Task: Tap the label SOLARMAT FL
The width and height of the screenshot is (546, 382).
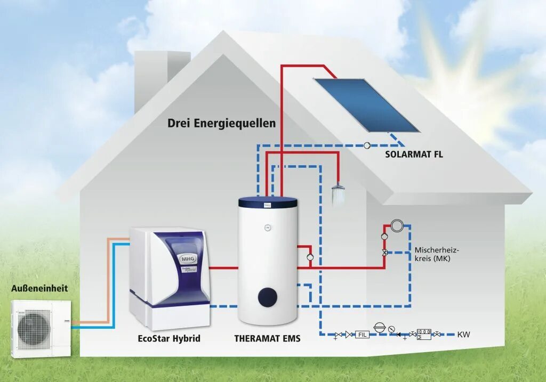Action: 414,155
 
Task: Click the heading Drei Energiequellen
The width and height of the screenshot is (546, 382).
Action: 221,124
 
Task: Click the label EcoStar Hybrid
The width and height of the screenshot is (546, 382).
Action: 169,338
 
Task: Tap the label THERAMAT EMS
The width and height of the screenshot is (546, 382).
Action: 267,338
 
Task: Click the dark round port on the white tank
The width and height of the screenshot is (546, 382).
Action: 267,297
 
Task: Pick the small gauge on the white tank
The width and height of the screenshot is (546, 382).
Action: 267,227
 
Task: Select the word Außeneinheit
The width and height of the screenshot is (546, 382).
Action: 39,289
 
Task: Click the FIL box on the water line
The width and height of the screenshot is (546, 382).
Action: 363,335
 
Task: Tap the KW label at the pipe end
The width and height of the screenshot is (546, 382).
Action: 463,335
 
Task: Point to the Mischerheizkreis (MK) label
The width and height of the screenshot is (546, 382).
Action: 437,255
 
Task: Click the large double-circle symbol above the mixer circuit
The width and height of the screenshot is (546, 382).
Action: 397,226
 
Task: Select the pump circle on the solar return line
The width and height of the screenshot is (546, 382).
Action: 367,145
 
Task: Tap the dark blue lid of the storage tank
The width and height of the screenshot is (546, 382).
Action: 267,202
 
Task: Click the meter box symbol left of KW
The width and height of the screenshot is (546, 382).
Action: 424,334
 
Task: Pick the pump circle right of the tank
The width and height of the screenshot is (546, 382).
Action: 310,257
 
